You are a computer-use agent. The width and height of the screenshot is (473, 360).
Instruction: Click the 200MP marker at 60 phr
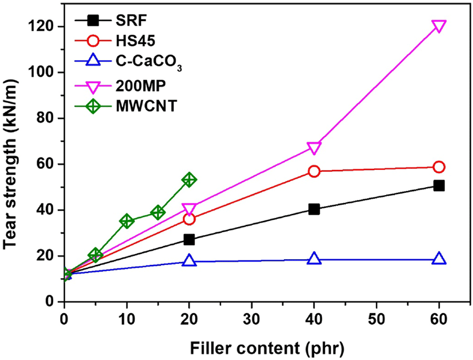click(439, 26)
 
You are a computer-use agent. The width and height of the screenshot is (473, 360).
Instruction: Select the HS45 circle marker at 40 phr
click(314, 171)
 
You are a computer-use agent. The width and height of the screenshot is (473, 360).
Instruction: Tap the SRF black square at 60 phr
click(439, 185)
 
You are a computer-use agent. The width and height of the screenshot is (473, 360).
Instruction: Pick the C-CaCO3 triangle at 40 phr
click(314, 258)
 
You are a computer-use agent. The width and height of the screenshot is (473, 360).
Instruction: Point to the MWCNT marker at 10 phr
click(127, 221)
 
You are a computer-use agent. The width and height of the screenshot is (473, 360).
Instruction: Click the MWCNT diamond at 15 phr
click(158, 212)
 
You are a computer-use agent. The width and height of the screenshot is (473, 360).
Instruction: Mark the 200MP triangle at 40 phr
click(314, 148)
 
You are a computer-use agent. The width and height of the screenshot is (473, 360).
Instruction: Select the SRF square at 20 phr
click(189, 240)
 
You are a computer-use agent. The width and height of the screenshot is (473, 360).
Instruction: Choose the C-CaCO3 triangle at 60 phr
click(439, 258)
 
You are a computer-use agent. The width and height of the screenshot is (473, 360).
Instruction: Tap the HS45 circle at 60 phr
click(439, 167)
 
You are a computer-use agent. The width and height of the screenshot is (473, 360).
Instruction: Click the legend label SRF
click(131, 21)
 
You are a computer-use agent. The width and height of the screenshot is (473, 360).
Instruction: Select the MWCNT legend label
click(146, 106)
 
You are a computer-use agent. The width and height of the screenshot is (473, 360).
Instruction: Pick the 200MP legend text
click(141, 86)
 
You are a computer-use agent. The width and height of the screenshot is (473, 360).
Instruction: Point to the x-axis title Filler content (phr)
click(267, 348)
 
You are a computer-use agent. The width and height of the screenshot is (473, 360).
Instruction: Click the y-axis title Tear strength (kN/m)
click(10, 164)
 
